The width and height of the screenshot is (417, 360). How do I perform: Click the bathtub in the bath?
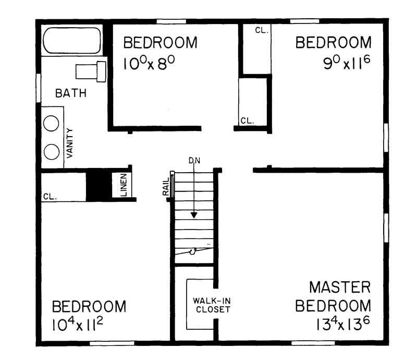click(x=72, y=40)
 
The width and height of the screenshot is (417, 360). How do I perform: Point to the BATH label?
click(x=71, y=94)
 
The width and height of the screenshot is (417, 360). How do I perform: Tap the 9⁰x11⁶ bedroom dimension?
click(x=347, y=63)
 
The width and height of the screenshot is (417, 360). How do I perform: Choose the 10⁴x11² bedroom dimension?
click(x=78, y=326)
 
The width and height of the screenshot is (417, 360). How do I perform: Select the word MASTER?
click(x=339, y=287)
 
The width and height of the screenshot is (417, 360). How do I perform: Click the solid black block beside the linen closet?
click(x=95, y=184)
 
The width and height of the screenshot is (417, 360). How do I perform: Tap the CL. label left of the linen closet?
click(x=50, y=197)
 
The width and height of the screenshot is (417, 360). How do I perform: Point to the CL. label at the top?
click(x=261, y=30)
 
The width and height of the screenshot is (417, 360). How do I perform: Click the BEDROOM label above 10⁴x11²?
click(x=89, y=307)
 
